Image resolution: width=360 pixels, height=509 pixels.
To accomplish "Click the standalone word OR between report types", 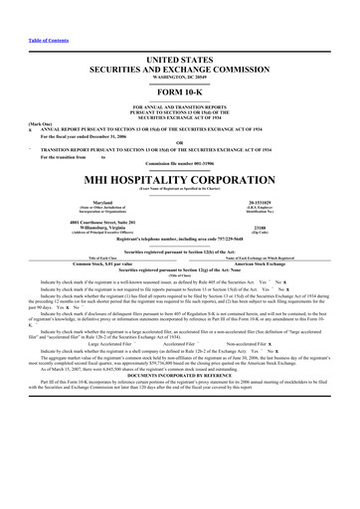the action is point(179,139).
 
